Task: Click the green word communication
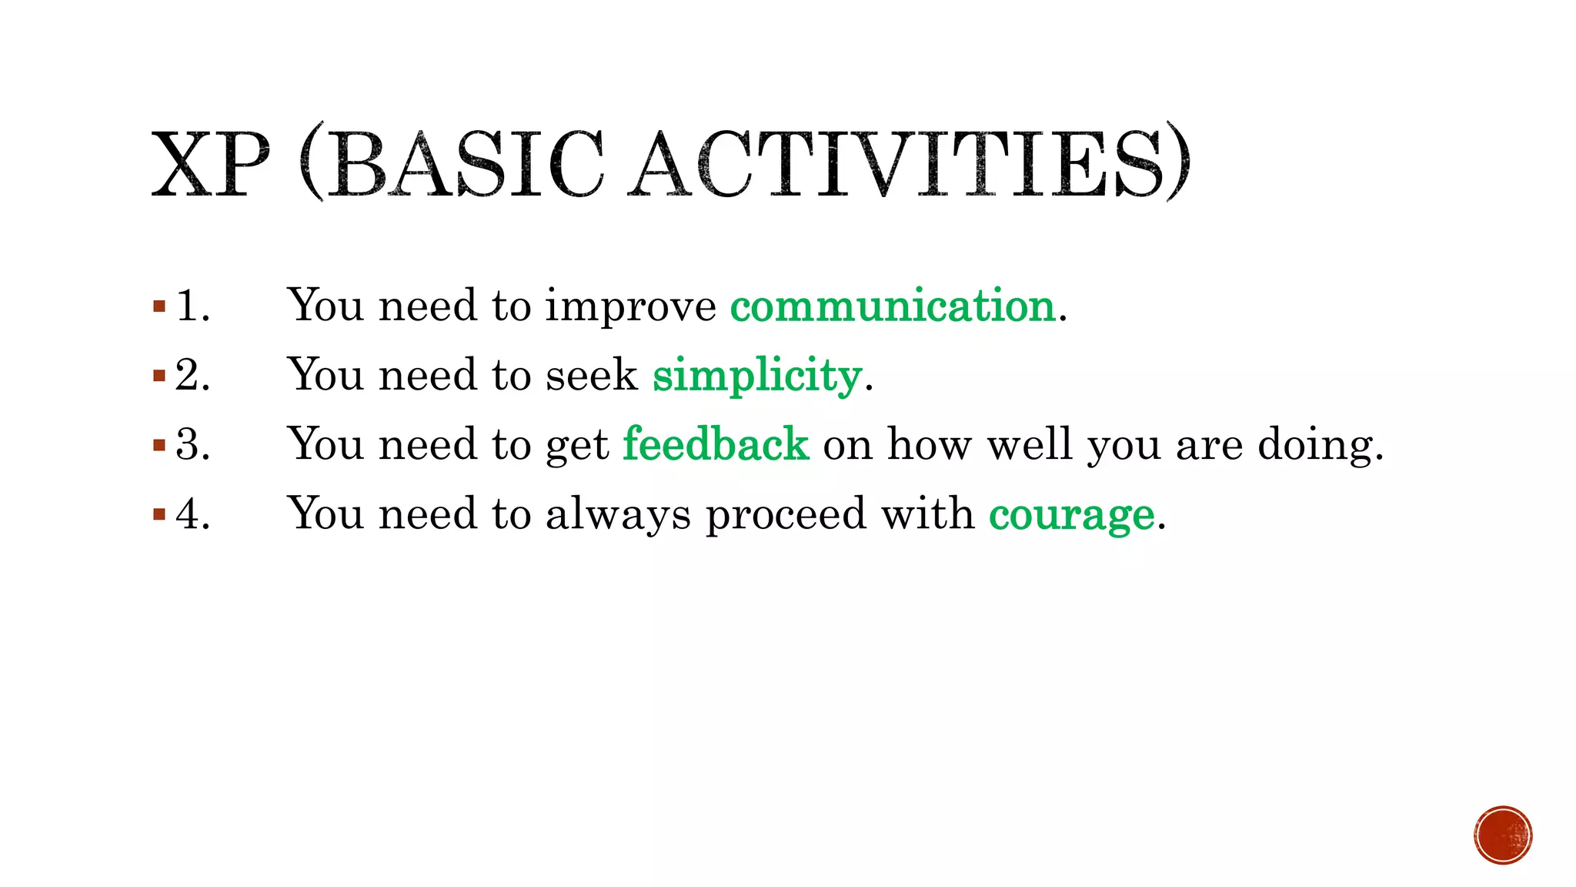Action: click(893, 306)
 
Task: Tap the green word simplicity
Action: click(756, 376)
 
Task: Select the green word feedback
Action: click(716, 445)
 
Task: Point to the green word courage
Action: click(1071, 514)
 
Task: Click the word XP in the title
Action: click(210, 164)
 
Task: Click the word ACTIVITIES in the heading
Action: click(908, 164)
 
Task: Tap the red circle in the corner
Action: click(1503, 835)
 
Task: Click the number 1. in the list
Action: click(192, 306)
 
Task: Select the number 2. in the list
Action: click(192, 376)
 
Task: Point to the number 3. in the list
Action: click(192, 445)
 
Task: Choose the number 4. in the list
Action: click(192, 514)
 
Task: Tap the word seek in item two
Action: click(591, 376)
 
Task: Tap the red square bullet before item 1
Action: click(159, 307)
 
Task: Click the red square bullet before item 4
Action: click(159, 514)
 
